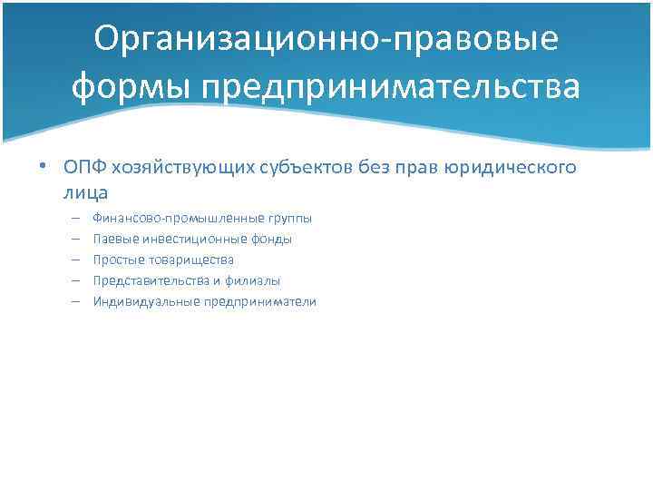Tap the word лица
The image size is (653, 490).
coord(85,191)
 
